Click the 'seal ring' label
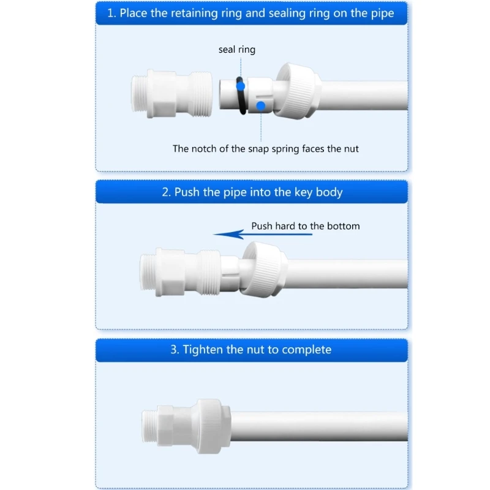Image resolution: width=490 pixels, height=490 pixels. point(236,50)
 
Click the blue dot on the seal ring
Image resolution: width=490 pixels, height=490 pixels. point(240,87)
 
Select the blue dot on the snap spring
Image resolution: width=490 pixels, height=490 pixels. point(261,105)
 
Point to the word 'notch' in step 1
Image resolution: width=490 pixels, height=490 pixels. point(208,148)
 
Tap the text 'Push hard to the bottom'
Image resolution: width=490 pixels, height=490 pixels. point(306,226)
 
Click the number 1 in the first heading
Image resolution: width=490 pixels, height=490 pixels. point(111,13)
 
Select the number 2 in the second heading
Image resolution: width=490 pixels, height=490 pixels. point(165,192)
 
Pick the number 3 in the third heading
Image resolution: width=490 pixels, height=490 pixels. point(174,350)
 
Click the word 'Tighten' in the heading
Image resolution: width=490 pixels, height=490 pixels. point(204,350)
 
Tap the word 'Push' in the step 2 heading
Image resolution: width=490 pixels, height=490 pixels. point(187,192)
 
